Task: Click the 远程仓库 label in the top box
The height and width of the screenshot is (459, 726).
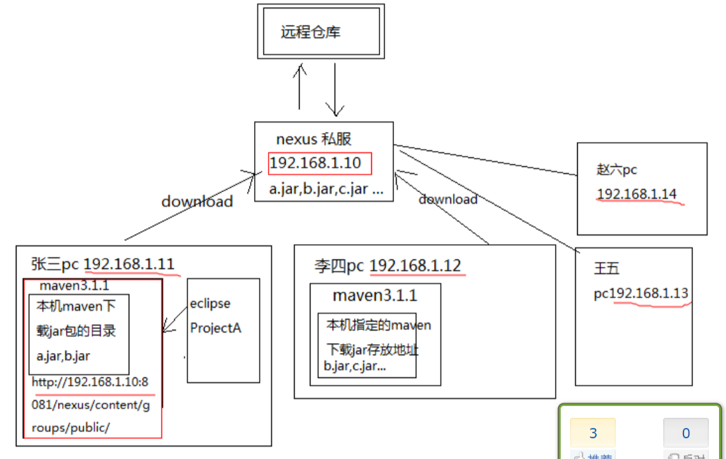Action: [x=310, y=32]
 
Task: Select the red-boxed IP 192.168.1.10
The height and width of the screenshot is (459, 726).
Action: [x=315, y=164]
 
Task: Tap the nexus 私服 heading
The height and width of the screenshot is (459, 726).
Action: [x=314, y=139]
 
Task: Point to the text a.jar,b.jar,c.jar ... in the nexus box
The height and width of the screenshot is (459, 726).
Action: [x=326, y=189]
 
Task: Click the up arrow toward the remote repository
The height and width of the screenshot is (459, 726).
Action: [x=300, y=86]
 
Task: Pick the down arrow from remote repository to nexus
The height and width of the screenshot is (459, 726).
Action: [x=334, y=89]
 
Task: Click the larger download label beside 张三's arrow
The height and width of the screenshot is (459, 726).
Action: [x=197, y=202]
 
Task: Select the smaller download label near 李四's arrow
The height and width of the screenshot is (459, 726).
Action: [x=448, y=199]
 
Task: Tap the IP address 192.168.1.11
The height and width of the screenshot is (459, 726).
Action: [x=129, y=264]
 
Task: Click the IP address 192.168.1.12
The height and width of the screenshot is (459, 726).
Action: [x=415, y=265]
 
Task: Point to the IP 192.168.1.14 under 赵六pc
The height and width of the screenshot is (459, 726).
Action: [x=637, y=194]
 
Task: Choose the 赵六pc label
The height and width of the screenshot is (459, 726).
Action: [x=616, y=169]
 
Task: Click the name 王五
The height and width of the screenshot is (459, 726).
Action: [x=606, y=269]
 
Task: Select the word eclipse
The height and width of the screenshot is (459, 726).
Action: [x=210, y=303]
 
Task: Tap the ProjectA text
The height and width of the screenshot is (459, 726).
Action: [x=215, y=328]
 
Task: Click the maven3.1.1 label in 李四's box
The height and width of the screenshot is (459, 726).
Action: [x=374, y=295]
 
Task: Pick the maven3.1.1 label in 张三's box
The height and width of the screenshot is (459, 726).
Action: [x=74, y=286]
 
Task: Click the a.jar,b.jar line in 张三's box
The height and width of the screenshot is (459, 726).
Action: [x=63, y=356]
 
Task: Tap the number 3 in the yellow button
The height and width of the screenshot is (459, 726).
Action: [x=593, y=434]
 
